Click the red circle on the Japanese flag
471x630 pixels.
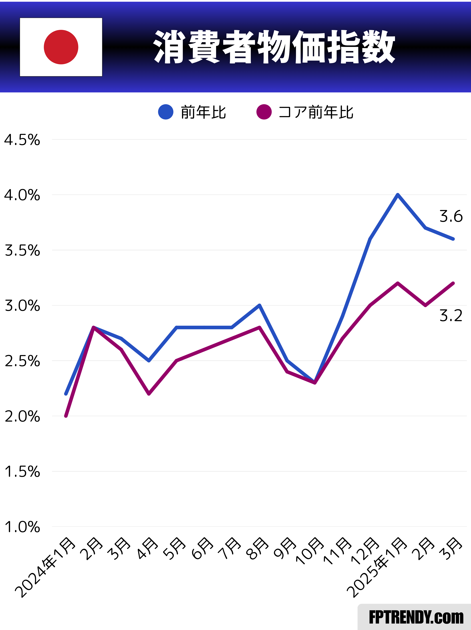coord(61,47)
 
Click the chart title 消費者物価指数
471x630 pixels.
coord(274,47)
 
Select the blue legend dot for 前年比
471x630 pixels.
coord(166,112)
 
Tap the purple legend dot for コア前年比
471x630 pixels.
coord(264,112)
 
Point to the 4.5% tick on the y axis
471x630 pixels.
coord(22,140)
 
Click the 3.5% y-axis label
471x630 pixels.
coord(22,251)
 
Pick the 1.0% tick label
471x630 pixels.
coord(22,527)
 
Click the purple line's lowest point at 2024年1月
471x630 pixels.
coord(66,416)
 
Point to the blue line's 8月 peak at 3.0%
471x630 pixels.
coord(259,305)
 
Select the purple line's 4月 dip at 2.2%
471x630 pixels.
coord(149,394)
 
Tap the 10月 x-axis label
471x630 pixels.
coord(310,551)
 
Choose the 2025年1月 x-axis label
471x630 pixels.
coord(377,567)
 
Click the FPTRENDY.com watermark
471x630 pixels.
coord(416,618)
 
